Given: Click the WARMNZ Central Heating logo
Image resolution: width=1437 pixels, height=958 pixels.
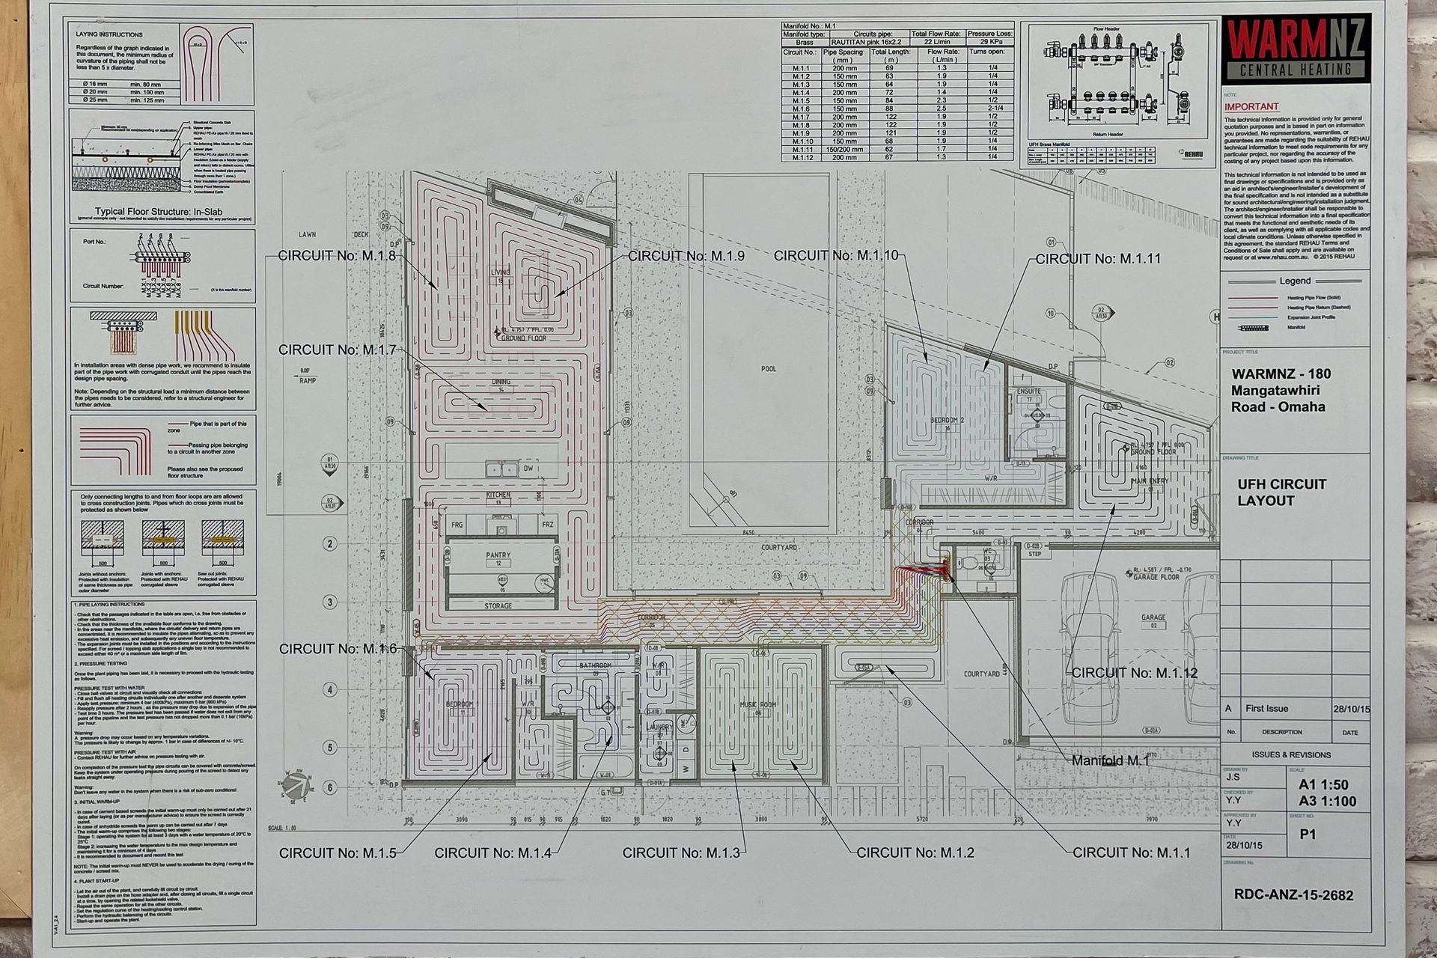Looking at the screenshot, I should point(1296,49).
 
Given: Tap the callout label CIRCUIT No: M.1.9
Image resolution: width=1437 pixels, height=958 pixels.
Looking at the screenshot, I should point(686,256).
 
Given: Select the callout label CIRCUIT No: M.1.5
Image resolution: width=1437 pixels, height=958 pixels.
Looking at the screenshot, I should point(338,852).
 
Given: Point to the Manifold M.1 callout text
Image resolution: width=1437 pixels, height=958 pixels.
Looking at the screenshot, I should point(1110,760).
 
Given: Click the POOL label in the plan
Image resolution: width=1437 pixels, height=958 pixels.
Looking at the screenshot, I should point(769,369).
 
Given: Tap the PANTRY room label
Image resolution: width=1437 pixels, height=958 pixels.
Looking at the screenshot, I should point(498,555).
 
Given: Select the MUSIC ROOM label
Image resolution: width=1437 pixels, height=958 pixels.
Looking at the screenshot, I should point(757,705).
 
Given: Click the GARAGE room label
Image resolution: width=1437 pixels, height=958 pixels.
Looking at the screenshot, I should point(1153,617).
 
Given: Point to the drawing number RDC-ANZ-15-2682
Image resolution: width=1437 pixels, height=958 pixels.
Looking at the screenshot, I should point(1293,895).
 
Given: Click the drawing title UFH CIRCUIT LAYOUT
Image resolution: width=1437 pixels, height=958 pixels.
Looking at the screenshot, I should point(1281,492).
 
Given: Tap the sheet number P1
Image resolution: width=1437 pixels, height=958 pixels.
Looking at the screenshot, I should point(1308,834).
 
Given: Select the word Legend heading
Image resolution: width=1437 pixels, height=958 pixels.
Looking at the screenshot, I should point(1295,281).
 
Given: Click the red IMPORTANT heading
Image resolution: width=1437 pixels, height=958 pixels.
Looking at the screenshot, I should point(1251,107).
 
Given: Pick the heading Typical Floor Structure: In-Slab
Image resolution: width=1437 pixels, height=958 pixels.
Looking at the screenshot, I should point(159,212).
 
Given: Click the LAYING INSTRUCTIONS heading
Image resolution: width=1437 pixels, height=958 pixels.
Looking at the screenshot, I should point(109,34).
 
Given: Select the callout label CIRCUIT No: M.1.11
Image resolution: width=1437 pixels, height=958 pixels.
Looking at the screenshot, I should point(1098,259).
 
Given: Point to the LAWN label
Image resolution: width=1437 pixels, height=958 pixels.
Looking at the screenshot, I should point(307,235).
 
